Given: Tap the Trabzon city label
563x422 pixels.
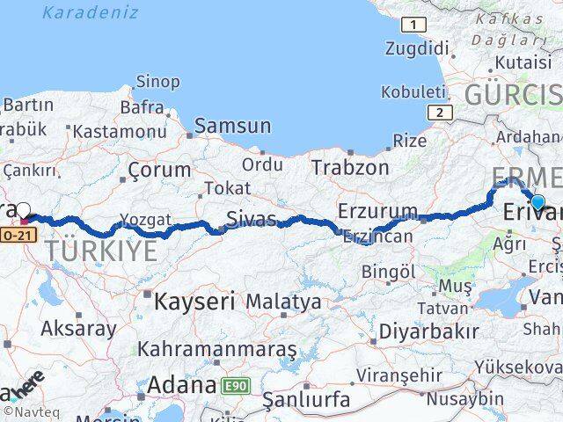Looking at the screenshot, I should point(350,166).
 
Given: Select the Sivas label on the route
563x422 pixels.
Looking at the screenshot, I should point(251,218).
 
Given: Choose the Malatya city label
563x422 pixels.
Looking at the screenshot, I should point(283,302).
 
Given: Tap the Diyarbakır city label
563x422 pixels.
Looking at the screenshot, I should point(429,331).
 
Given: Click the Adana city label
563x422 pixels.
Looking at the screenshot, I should point(181,385).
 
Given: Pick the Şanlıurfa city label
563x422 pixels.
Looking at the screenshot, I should point(307,400).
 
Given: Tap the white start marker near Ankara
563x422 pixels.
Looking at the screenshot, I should point(24,210).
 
